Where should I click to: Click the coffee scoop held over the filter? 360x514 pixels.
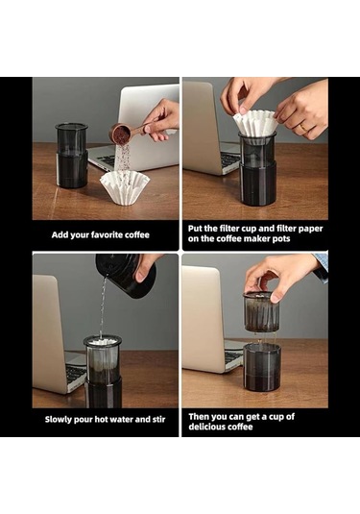[x=123, y=133]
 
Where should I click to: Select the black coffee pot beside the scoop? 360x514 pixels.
[x=71, y=154]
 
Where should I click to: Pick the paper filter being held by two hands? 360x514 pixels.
[x=255, y=122]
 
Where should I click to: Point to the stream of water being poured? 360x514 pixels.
[x=103, y=309]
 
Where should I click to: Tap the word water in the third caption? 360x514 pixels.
[x=123, y=419]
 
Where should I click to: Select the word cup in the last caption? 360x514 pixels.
[x=284, y=415]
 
